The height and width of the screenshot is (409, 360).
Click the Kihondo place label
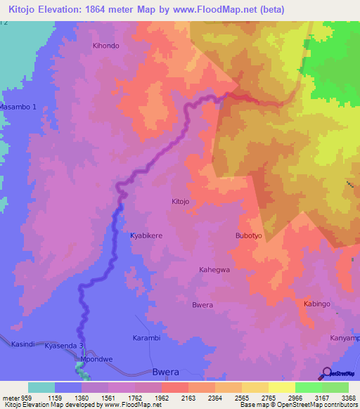(x=106, y=46)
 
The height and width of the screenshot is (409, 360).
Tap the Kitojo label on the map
(x=181, y=202)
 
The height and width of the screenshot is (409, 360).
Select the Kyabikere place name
(x=146, y=236)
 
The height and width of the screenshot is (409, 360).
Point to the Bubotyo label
(x=248, y=236)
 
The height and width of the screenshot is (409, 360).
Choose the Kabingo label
(x=316, y=304)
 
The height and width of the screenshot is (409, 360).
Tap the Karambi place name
(x=147, y=338)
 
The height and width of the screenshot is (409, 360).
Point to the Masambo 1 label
(x=18, y=107)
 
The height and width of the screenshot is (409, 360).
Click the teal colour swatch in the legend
(x=41, y=387)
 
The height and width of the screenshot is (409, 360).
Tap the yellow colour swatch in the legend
(x=282, y=387)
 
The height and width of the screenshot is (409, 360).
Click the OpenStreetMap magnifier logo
(x=327, y=372)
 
